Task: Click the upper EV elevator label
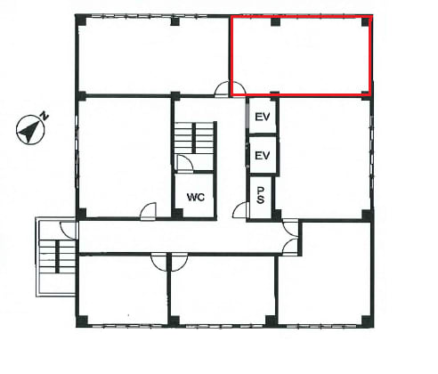point(263,117)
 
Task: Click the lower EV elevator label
point(263,155)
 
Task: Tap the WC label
point(196,197)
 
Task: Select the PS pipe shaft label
point(260,195)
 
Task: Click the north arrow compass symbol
point(30,130)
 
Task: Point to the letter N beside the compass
point(45,116)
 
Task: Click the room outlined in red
point(301,56)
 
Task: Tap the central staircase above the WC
point(195,137)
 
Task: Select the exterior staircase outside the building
point(56,257)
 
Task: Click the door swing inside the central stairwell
point(184,163)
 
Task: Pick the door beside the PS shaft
point(240,210)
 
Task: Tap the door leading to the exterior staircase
point(69,230)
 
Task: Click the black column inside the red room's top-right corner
point(365,22)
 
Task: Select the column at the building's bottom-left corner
point(82,321)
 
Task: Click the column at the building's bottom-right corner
point(367,321)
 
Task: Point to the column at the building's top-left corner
point(81,20)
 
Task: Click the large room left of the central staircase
point(124,158)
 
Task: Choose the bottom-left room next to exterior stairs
point(123,289)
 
